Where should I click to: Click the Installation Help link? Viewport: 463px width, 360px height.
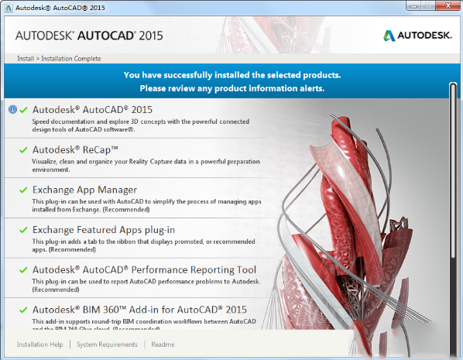pos(39,345)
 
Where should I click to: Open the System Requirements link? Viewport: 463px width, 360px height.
pos(108,345)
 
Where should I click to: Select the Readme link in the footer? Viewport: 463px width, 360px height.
pos(163,345)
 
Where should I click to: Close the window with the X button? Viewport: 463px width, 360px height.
pos(450,7)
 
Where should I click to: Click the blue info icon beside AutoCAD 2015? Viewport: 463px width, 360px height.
pos(12,109)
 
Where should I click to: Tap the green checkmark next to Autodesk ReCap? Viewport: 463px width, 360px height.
pos(23,149)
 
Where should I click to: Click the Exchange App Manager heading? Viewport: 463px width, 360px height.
pos(84,190)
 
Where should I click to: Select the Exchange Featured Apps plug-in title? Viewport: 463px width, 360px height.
pos(104,230)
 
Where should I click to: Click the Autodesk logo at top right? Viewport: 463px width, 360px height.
pos(417,35)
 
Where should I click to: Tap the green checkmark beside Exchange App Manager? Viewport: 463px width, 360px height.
pos(23,190)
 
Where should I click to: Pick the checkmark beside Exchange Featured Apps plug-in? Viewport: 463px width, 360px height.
pos(23,230)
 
